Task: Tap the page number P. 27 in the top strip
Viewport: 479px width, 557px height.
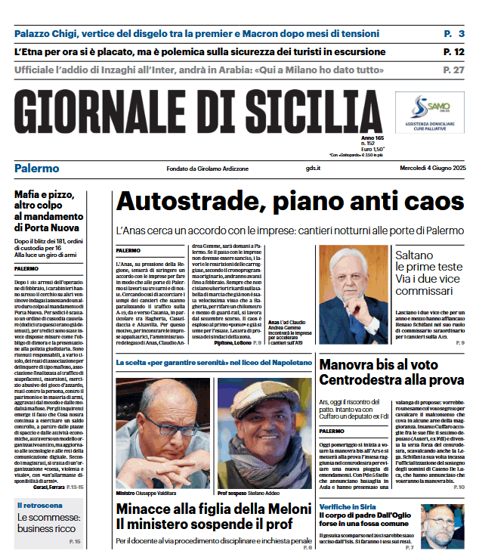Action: tap(453, 70)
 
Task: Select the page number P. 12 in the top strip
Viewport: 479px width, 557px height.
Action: tap(453, 51)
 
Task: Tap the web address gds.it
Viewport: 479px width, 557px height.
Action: tap(314, 169)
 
